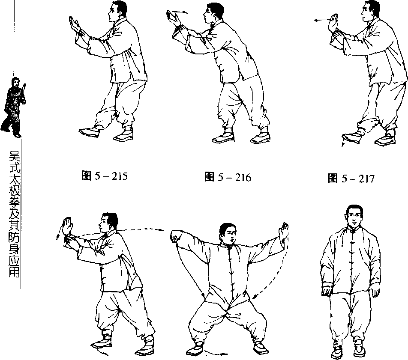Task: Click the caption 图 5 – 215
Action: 105,176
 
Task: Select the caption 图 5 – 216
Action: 228,177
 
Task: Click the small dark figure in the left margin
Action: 14,107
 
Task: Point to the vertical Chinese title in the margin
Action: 14,214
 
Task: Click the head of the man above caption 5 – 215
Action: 117,11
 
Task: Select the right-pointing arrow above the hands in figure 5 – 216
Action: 180,12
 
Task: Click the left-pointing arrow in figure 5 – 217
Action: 321,20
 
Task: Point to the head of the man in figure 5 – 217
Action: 369,12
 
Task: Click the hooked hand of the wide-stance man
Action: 175,236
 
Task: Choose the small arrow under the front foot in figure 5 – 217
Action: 343,143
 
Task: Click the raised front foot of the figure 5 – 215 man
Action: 90,131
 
